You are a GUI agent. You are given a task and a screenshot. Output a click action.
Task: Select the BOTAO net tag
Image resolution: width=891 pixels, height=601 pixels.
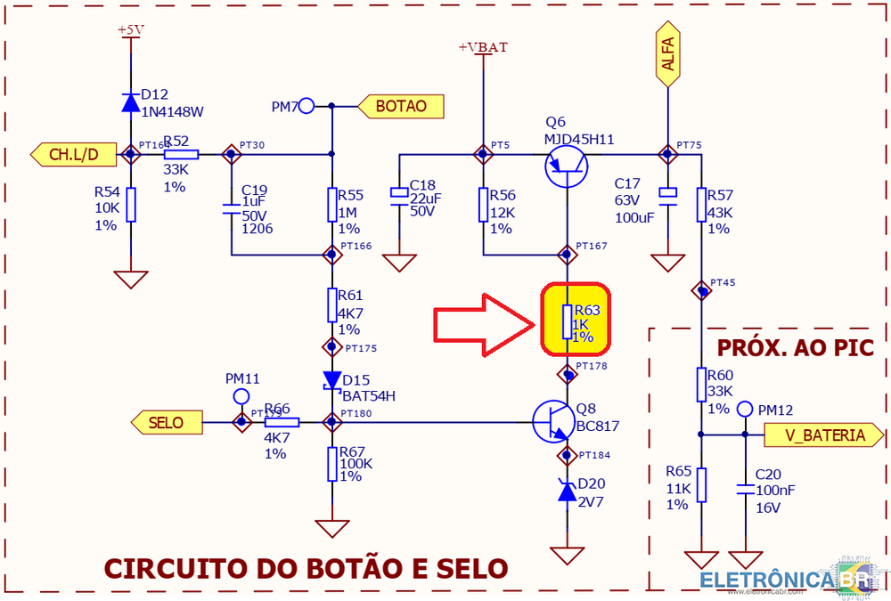[400, 106]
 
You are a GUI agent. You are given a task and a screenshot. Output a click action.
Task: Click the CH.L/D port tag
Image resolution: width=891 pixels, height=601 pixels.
[74, 154]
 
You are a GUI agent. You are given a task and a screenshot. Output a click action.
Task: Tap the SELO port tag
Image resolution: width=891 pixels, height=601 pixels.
[165, 421]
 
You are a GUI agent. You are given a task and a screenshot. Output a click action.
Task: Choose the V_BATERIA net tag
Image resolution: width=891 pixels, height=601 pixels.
[823, 435]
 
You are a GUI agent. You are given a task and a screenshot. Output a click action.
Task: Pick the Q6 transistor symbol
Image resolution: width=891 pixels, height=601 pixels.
[567, 166]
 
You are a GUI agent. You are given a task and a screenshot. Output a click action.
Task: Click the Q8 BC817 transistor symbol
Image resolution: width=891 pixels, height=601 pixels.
[554, 421]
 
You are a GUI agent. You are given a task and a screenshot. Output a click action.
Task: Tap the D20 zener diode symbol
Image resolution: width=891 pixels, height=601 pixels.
[567, 490]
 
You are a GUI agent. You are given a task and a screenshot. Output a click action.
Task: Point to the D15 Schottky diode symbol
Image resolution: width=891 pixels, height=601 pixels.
[332, 380]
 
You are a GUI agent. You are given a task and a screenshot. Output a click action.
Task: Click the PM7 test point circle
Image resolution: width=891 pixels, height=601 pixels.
[307, 107]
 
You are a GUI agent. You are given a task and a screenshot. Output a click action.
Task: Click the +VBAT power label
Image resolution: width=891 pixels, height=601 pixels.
[483, 47]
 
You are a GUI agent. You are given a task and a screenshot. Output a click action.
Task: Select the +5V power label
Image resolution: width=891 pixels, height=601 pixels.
[131, 29]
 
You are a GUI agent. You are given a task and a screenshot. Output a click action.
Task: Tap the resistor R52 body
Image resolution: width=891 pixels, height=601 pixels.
[182, 154]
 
